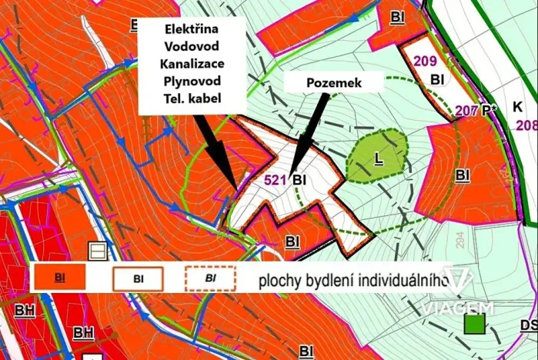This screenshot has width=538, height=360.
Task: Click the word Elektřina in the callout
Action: [x=192, y=28]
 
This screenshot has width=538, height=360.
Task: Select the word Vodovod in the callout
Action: [x=192, y=45]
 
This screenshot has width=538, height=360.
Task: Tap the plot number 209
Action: [x=425, y=62]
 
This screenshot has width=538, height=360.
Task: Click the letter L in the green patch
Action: [x=378, y=157]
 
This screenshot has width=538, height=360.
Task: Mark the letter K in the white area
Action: [x=516, y=105]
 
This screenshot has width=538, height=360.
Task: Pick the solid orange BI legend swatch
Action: [x=62, y=277]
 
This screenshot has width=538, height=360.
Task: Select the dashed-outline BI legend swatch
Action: [x=209, y=277]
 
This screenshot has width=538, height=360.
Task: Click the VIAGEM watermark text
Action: [x=456, y=307]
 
